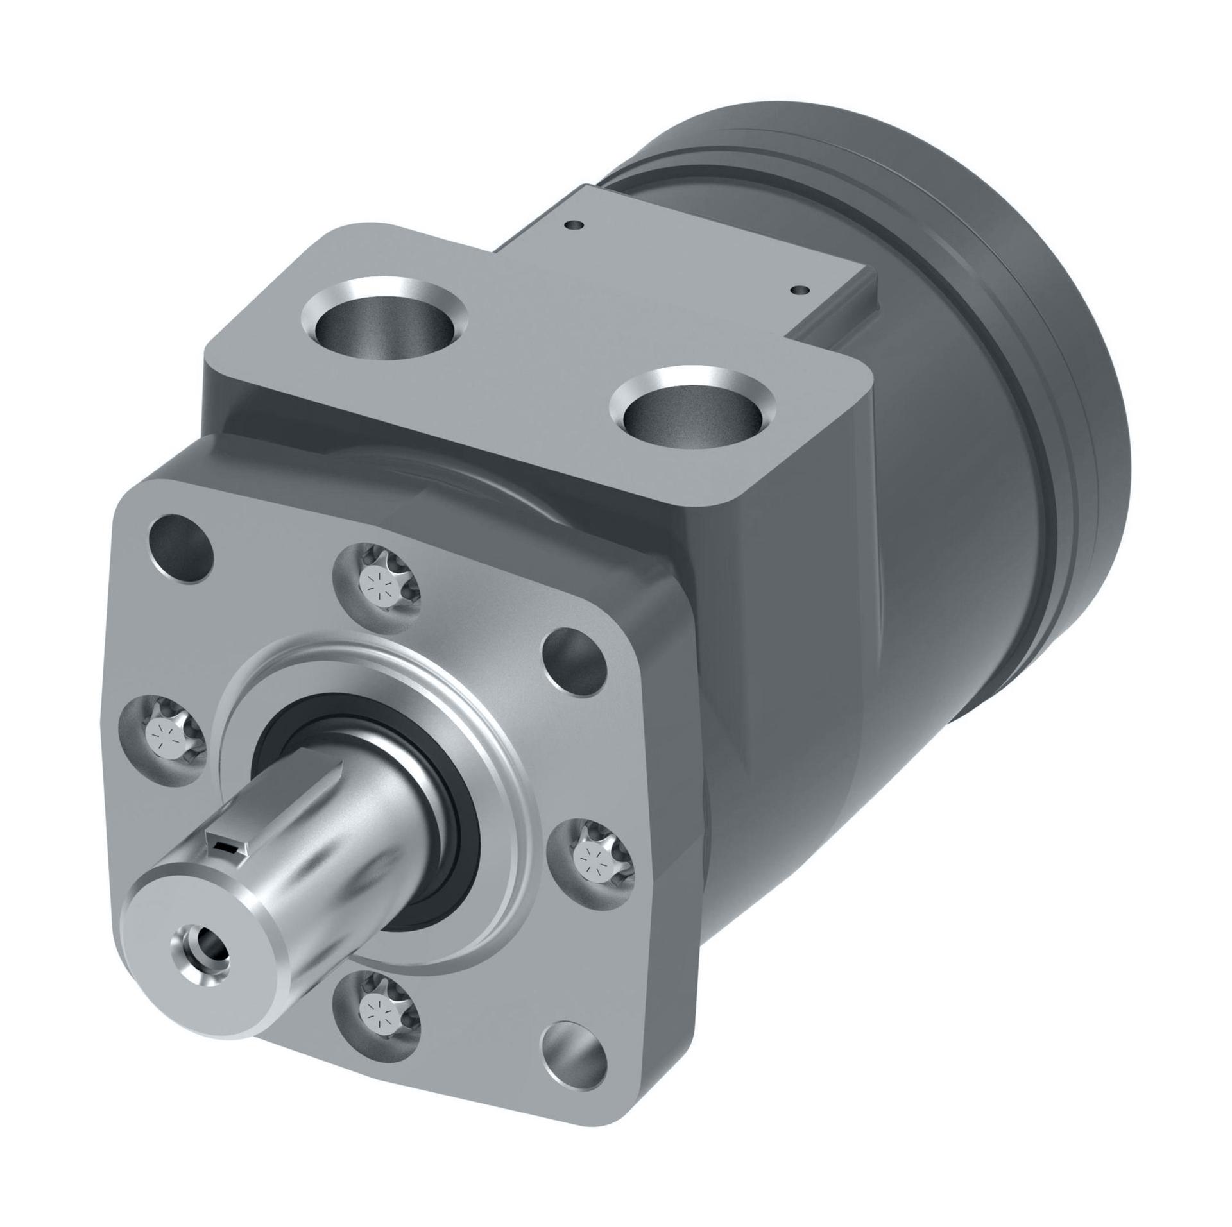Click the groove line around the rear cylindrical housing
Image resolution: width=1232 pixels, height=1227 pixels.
[1001, 359]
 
